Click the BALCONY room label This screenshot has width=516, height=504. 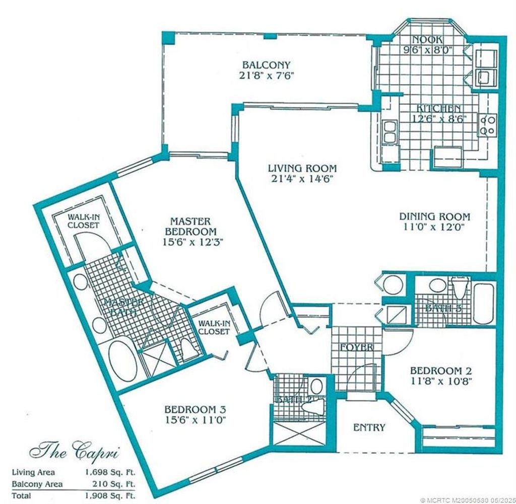tap(266, 65)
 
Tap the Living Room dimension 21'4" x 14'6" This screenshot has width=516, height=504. tap(301, 179)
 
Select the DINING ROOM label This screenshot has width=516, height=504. tap(434, 217)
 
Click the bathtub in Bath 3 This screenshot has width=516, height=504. tap(484, 304)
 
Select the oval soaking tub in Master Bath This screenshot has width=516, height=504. tap(122, 361)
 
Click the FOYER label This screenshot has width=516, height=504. tap(356, 347)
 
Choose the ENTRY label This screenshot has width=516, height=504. tap(369, 427)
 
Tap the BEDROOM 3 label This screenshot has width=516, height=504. tap(195, 409)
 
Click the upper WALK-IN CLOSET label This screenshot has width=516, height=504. tap(84, 221)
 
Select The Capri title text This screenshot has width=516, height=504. tap(74, 449)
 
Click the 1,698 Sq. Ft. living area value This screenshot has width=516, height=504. tap(110, 472)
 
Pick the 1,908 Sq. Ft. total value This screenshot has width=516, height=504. tap(110, 495)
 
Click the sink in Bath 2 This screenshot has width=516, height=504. tap(316, 387)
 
